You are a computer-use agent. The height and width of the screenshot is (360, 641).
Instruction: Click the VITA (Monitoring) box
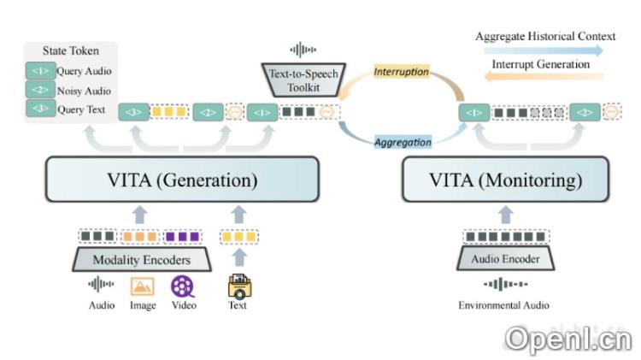pyautogui.click(x=504, y=180)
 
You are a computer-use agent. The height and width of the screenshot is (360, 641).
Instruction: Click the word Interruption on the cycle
pyautogui.click(x=402, y=72)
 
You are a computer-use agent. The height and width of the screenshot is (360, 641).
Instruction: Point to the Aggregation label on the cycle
pyautogui.click(x=403, y=142)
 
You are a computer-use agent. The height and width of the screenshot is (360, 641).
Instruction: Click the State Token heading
pyautogui.click(x=70, y=51)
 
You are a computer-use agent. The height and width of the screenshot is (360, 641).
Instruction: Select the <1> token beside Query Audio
pyautogui.click(x=40, y=72)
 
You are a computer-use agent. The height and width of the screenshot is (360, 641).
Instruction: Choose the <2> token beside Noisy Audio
pyautogui.click(x=40, y=91)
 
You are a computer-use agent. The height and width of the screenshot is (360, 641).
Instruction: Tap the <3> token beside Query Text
pyautogui.click(x=40, y=109)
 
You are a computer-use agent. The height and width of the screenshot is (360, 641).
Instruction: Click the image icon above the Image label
pyautogui.click(x=141, y=286)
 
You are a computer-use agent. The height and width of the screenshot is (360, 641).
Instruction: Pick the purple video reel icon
pyautogui.click(x=182, y=286)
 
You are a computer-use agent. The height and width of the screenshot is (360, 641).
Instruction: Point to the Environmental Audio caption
pyautogui.click(x=503, y=305)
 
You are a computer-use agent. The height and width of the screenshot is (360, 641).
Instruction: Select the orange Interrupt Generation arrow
pyautogui.click(x=538, y=77)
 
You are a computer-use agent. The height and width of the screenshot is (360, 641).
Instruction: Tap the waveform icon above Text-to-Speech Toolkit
pyautogui.click(x=303, y=50)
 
